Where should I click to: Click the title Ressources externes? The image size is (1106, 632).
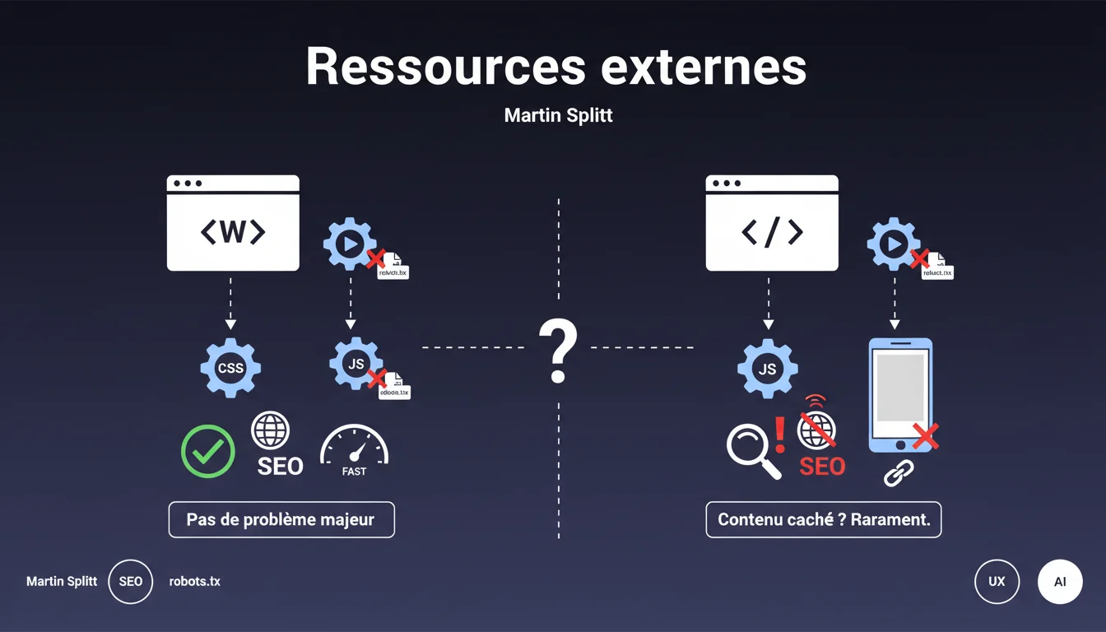556,67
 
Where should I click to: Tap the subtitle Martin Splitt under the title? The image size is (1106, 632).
558,115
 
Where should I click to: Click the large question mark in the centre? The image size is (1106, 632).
557,351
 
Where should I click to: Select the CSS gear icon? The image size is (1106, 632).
230,368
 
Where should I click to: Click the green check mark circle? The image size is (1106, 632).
208,451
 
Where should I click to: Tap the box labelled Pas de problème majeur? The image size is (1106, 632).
281,520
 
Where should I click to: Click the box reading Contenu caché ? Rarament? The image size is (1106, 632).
823,520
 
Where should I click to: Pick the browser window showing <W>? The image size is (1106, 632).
233,223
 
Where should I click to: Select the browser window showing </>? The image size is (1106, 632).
772,223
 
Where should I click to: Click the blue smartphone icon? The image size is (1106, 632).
900,395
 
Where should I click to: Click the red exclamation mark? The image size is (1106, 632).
780,434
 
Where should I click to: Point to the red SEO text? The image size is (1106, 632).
822,467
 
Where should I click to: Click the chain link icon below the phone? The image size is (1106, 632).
898,473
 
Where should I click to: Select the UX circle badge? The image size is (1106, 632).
997,582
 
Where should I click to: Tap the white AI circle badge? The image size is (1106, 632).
1060,582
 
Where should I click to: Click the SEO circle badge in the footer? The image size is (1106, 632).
131,582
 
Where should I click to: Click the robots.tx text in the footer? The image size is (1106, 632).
195,582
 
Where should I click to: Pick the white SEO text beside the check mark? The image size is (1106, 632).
280,467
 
